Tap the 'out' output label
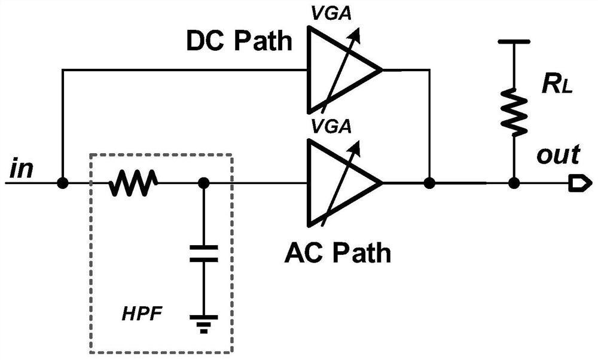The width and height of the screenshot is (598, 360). [557, 155]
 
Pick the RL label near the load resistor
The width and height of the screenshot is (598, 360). [556, 86]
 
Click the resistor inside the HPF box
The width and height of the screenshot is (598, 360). [132, 183]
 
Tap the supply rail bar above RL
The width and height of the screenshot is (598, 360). [513, 42]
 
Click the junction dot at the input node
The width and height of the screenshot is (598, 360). [62, 183]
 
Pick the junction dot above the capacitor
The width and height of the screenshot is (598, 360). [203, 183]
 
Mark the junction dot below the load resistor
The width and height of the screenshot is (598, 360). [513, 183]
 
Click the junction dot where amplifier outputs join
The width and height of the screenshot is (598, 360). [429, 183]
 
